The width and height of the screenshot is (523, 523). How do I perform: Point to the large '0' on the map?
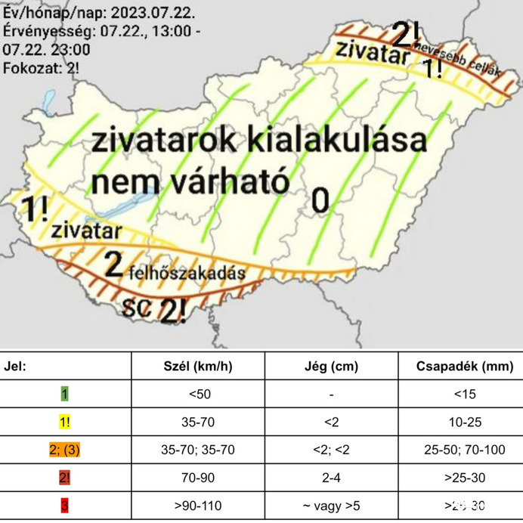click(x=320, y=200)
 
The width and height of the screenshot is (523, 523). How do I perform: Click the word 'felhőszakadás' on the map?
click(x=187, y=272)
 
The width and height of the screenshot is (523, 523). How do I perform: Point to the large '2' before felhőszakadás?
click(x=113, y=264)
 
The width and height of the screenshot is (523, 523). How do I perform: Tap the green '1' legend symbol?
click(x=65, y=394)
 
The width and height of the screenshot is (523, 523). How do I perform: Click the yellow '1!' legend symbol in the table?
click(x=65, y=422)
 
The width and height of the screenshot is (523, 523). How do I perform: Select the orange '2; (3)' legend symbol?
click(x=65, y=450)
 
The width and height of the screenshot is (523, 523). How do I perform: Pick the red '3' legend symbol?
click(x=65, y=506)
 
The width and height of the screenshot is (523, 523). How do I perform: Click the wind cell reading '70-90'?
click(x=198, y=478)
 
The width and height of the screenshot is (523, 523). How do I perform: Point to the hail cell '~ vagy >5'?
click(x=331, y=506)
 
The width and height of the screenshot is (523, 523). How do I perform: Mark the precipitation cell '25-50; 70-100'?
click(x=460, y=450)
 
